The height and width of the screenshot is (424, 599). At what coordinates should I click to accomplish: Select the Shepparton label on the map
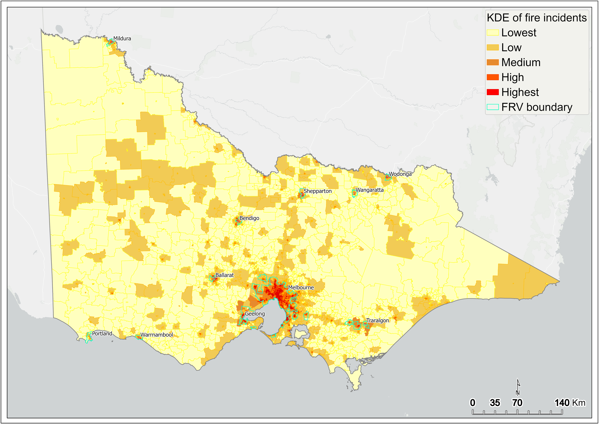tap(317, 191)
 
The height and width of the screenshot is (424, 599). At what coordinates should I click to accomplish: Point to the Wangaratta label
tap(369, 190)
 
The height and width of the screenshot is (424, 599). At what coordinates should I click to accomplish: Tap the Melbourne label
tap(301, 287)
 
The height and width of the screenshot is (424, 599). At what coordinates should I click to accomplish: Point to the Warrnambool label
tap(156, 335)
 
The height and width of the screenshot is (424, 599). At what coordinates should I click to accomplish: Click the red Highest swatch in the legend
tap(493, 92)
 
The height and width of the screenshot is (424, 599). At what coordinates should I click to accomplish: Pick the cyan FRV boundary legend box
tap(493, 107)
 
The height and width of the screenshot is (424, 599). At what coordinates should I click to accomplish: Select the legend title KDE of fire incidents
tap(536, 18)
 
